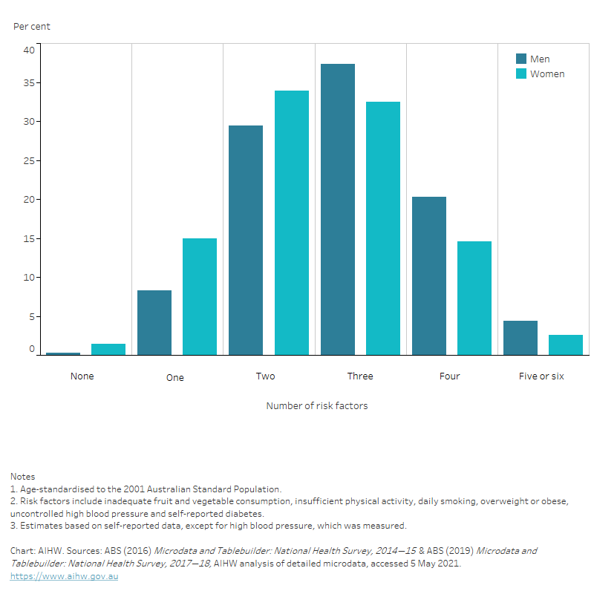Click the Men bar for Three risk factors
(337, 209)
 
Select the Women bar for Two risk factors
(291, 223)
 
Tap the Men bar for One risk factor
(154, 322)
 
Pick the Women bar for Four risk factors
(474, 298)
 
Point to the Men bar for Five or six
(520, 338)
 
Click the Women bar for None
(108, 349)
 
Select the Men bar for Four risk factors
(428, 275)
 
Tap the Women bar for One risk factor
(200, 296)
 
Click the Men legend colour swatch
(521, 59)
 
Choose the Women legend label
(547, 74)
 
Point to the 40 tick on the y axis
(29, 50)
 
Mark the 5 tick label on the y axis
(31, 316)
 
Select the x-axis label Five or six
(541, 376)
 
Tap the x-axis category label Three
(360, 376)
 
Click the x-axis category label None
(82, 376)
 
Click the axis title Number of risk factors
(317, 406)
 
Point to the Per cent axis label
(32, 27)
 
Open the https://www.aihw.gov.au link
(64, 576)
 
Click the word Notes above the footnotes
(22, 476)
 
